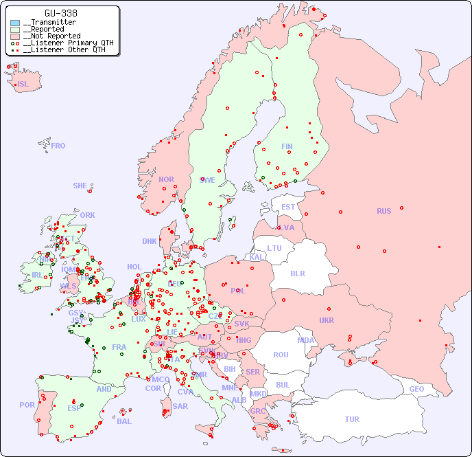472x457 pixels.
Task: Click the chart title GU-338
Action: [x=61, y=13]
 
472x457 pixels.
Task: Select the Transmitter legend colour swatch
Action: [x=15, y=23]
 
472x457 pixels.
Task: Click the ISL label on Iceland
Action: [x=23, y=85]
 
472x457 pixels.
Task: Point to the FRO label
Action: [x=58, y=146]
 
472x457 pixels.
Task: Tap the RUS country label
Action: [x=383, y=211]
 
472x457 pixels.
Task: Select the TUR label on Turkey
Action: [x=351, y=419]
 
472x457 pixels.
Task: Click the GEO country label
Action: [x=416, y=389]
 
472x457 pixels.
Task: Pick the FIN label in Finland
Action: [x=287, y=146]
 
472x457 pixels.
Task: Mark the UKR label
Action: [x=326, y=320]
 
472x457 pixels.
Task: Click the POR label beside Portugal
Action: [x=27, y=405]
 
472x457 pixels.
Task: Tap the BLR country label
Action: [x=297, y=273]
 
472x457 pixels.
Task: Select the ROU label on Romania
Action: [x=281, y=355]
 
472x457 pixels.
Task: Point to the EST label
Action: [x=288, y=207]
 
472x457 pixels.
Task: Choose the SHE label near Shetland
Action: [x=80, y=186]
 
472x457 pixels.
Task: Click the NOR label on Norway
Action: [x=166, y=179]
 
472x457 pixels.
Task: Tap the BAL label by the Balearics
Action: [x=123, y=421]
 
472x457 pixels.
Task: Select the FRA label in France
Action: [x=119, y=347]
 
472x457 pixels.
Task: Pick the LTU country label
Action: [x=274, y=248]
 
